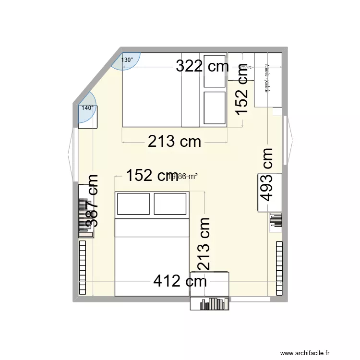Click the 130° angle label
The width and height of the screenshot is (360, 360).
tap(127, 60)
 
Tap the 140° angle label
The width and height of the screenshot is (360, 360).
tap(87, 108)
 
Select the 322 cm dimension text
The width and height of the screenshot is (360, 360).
tap(202, 66)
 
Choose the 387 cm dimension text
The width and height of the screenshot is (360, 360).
tap(92, 201)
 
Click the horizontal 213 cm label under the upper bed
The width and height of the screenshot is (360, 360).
tap(174, 142)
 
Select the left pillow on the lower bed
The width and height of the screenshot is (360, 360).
tap(133, 204)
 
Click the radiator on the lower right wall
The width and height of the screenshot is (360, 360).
tap(279, 267)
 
